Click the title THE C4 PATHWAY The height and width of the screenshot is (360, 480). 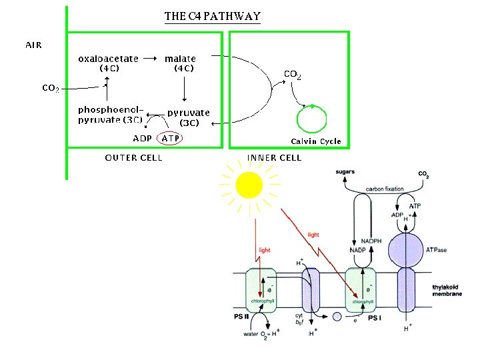coord(212,16)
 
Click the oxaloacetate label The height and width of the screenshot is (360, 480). coord(108,59)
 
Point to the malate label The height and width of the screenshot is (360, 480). coord(180,59)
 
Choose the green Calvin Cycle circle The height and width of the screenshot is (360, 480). coord(312,120)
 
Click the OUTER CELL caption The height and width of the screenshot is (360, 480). coord(133,158)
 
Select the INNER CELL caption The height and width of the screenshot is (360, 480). coord(274,158)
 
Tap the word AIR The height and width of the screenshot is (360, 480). coord(33,45)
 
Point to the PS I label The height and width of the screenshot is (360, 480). coord(375,319)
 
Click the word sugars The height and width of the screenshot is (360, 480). coord(345,172)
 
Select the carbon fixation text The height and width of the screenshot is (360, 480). coord(385,189)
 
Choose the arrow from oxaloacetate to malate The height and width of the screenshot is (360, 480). coord(151,59)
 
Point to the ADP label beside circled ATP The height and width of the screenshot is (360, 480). coord(142,139)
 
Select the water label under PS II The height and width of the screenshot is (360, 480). coord(251,334)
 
